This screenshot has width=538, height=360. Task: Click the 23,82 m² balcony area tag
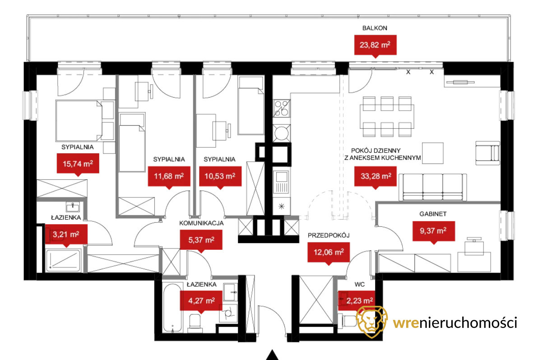(376, 45)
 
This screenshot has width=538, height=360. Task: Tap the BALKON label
(375, 28)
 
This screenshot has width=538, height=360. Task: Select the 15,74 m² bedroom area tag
(78, 164)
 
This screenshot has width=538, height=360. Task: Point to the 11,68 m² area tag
(169, 176)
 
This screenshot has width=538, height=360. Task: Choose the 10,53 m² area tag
(220, 176)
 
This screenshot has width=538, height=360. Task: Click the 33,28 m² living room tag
(376, 176)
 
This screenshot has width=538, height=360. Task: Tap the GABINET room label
(433, 214)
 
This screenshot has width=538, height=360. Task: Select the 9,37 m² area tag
(433, 231)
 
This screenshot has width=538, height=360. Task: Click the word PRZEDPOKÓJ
(329, 236)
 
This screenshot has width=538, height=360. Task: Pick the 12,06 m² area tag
(329, 252)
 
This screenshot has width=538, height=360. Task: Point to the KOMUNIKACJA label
(201, 223)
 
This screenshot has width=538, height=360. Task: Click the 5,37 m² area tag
(201, 240)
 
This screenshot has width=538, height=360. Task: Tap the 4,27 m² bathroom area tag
(201, 301)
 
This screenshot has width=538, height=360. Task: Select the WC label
(360, 285)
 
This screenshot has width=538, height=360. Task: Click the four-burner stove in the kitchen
(282, 108)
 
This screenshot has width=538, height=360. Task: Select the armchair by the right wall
(487, 153)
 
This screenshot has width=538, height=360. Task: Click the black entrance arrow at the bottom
(272, 355)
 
